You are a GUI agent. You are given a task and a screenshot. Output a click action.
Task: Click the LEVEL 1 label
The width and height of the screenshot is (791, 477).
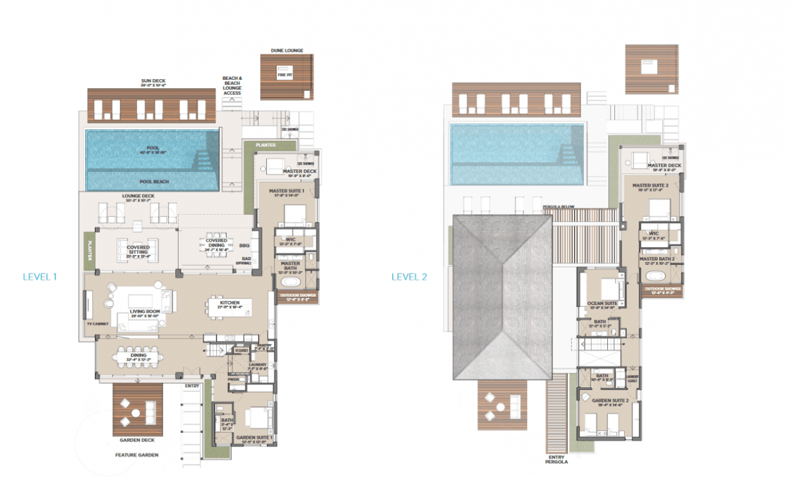click(x=40, y=277)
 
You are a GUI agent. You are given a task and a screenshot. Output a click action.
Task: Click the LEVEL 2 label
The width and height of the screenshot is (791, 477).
click(x=409, y=277)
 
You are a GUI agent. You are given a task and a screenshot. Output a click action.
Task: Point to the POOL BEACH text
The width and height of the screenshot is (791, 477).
click(x=152, y=180)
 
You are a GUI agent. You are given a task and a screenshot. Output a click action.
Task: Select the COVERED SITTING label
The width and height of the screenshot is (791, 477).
click(x=138, y=248)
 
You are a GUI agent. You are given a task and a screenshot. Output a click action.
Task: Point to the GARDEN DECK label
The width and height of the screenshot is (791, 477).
click(x=137, y=439)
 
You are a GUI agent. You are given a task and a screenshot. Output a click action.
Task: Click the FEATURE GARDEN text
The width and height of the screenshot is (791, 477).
click(x=136, y=455)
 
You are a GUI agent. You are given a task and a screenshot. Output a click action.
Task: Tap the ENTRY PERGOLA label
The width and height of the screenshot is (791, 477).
click(x=556, y=459)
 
